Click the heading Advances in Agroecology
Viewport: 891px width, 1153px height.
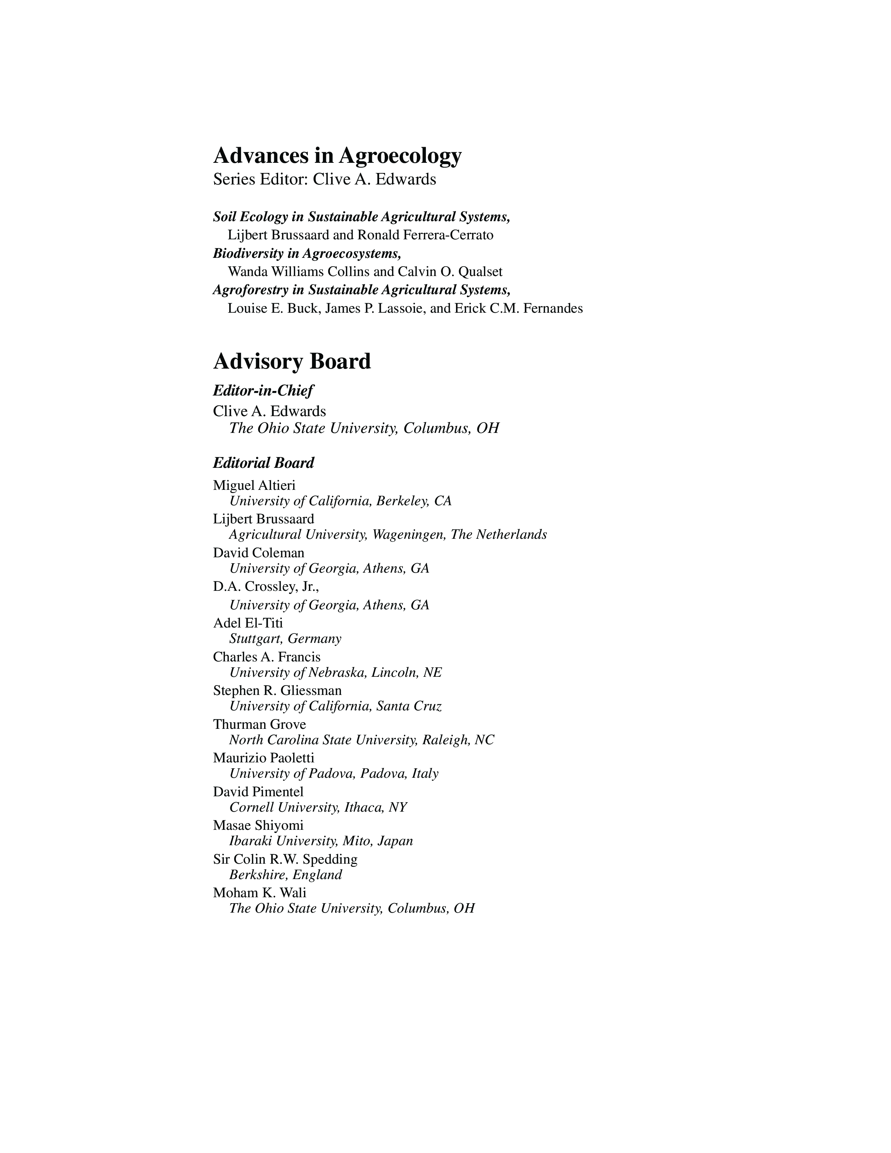coord(337,156)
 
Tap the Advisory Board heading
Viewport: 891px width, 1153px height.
coord(292,362)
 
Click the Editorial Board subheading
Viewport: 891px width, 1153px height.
coord(263,463)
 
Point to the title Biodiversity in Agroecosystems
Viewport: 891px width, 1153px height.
coord(307,253)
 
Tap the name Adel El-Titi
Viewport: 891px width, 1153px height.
coord(248,623)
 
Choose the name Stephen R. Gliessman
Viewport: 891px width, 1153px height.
coord(277,690)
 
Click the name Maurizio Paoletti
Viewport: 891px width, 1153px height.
coord(263,758)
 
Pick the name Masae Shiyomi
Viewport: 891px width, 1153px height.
coord(258,825)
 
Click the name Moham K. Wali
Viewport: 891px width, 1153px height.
coord(259,893)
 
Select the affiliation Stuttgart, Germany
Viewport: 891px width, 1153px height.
coord(285,639)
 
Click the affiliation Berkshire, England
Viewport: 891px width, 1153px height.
coord(285,875)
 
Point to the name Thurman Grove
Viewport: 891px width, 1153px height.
coord(259,724)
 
